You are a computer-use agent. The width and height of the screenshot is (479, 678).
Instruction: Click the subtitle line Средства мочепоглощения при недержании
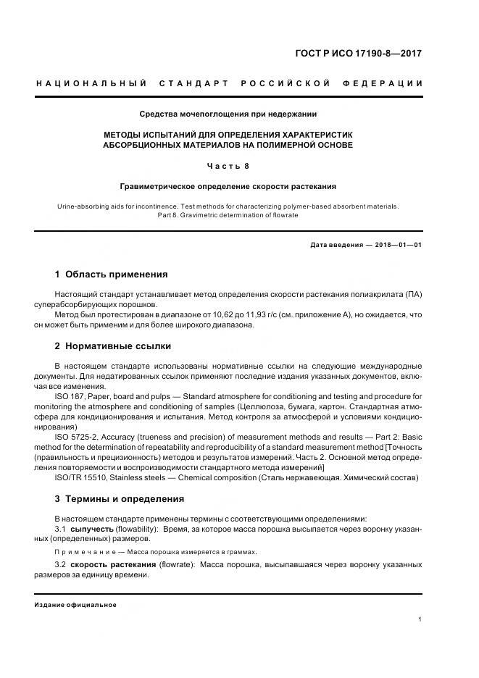point(228,114)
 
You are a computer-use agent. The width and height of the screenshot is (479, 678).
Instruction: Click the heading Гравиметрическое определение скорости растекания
point(228,186)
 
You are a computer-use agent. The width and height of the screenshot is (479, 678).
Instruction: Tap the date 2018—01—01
point(397,245)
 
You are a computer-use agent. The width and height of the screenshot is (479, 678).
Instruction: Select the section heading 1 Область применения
point(111,275)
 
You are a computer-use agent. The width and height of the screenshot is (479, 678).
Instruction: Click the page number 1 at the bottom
point(420,619)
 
